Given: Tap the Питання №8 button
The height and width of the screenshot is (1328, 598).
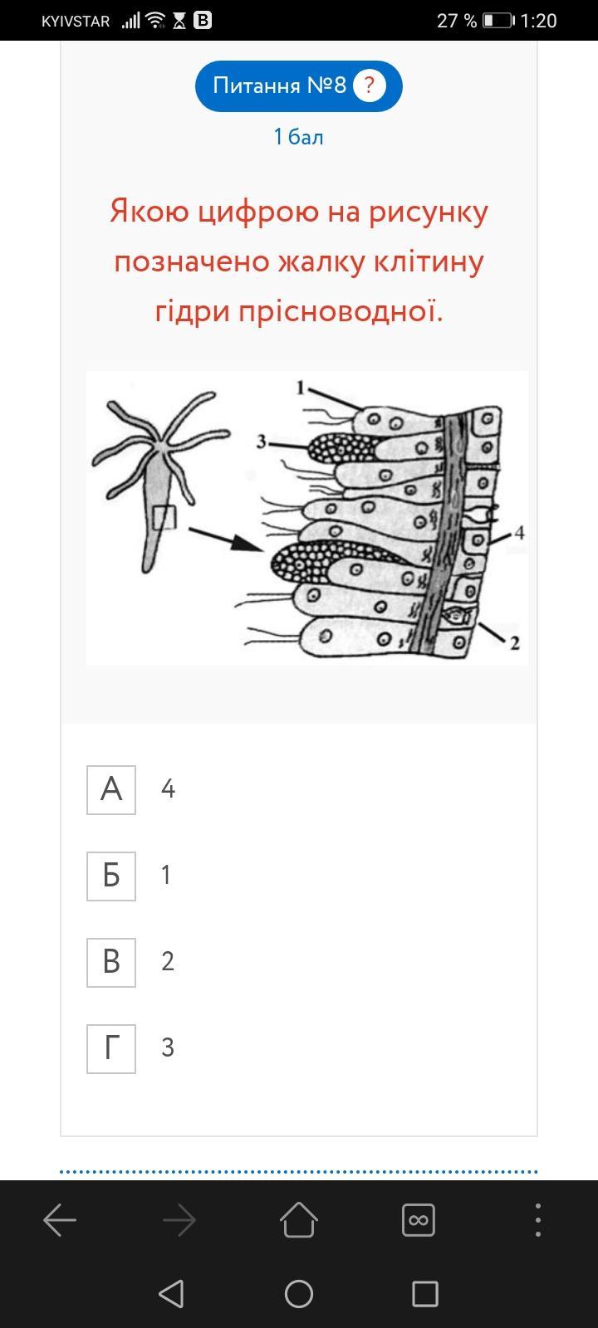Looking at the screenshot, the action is (x=298, y=86).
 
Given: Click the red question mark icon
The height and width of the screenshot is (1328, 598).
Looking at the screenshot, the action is (x=369, y=86).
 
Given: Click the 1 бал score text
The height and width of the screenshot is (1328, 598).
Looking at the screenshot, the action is (x=298, y=137).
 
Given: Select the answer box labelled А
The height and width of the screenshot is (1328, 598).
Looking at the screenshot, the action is (x=111, y=789).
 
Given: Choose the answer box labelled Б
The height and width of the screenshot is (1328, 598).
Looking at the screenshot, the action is (x=111, y=876).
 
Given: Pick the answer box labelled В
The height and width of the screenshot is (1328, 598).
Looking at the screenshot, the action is (x=111, y=963).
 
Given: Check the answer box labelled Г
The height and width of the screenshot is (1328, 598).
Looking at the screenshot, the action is (x=111, y=1049).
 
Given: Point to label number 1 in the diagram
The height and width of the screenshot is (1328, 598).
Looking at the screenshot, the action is (x=300, y=388).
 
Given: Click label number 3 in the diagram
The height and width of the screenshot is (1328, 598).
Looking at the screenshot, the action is (x=261, y=442).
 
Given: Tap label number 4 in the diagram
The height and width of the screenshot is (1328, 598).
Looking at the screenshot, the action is (x=520, y=532).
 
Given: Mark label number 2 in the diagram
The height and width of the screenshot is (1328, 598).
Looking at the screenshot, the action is (x=515, y=642).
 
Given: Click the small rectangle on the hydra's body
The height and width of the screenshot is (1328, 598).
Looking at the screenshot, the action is (x=164, y=518).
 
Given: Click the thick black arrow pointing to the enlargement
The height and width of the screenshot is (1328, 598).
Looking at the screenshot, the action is (x=225, y=539).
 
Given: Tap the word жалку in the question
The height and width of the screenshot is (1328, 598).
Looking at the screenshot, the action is (x=321, y=261).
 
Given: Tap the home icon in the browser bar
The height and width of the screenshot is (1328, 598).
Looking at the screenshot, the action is (x=299, y=1220).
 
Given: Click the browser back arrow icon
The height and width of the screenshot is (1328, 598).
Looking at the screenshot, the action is (x=60, y=1220).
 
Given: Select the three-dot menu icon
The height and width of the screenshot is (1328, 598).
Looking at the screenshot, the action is (x=538, y=1220).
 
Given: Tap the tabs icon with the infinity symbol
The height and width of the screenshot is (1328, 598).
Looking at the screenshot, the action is (x=419, y=1220).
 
